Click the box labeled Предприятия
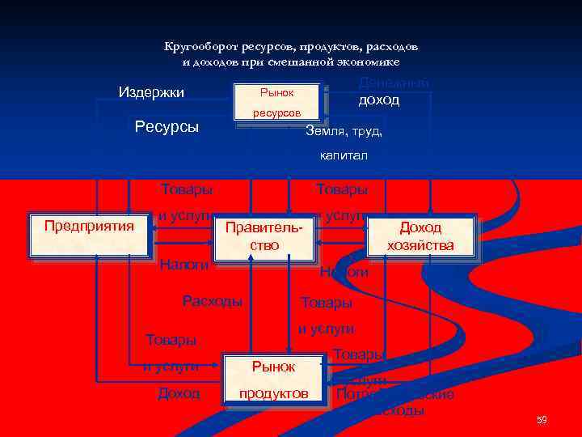click(x=89, y=235)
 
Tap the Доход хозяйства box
click(x=420, y=236)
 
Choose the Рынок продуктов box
click(x=273, y=380)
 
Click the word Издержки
click(x=151, y=92)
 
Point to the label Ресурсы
click(x=167, y=127)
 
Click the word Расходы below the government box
click(x=212, y=301)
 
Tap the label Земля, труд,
click(x=344, y=131)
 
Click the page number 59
click(x=542, y=419)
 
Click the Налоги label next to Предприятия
click(x=184, y=265)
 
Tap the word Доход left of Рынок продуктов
click(x=179, y=393)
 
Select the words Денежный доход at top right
click(x=394, y=91)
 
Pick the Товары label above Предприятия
click(x=187, y=189)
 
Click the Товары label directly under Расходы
click(x=171, y=339)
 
